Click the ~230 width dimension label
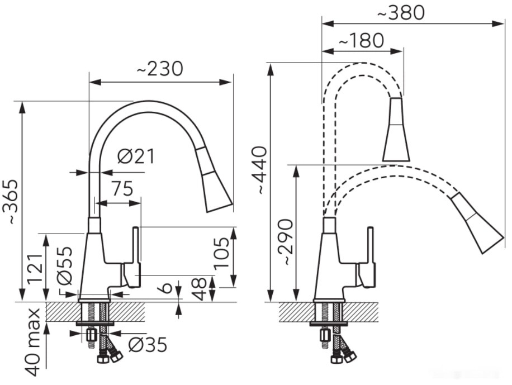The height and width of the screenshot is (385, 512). (x=160, y=69)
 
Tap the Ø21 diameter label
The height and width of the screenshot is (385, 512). (x=136, y=156)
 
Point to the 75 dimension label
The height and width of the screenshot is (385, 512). (x=122, y=188)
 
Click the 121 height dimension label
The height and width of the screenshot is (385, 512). (x=36, y=268)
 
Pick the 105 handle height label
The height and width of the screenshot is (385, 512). (x=222, y=253)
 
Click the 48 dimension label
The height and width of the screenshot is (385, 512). (x=200, y=289)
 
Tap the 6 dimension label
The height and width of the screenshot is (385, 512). (x=167, y=287)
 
